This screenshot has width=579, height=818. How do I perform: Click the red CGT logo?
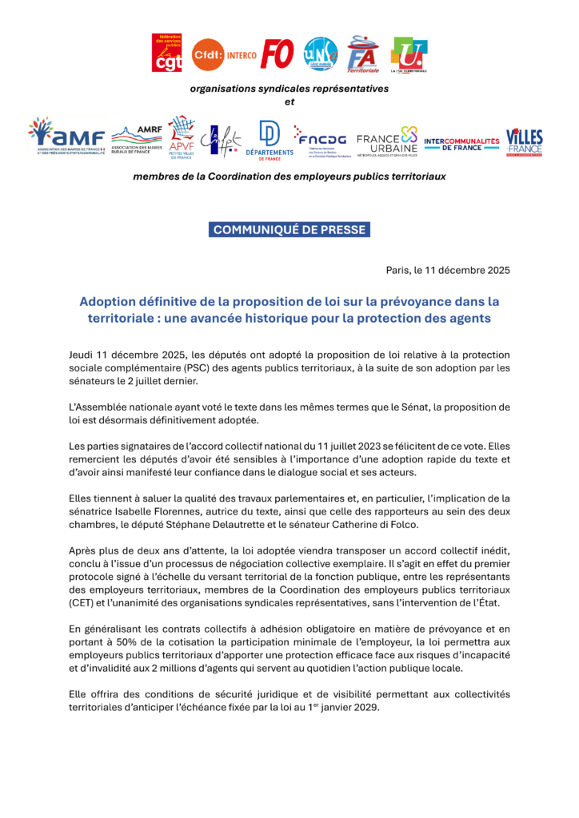click(x=166, y=53)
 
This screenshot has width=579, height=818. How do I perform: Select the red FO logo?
click(x=278, y=54)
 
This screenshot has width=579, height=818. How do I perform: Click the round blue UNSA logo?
click(x=321, y=54)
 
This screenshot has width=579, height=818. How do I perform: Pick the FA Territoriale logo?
click(x=363, y=54)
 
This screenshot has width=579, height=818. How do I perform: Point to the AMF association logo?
click(x=66, y=137)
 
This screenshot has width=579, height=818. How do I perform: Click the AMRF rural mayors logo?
click(x=137, y=137)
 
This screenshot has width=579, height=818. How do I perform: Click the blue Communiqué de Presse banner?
click(x=289, y=230)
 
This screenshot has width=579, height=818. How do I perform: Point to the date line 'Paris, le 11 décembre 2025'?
click(x=448, y=269)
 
